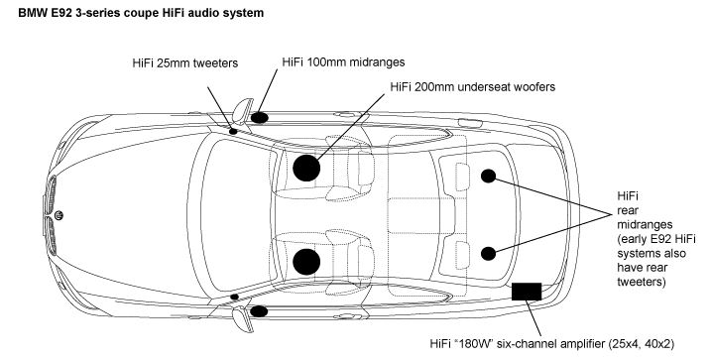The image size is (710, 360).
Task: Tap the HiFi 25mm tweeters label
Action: (184, 62)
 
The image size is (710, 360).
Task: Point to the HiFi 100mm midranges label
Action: (343, 62)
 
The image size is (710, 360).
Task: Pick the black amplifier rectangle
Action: (527, 292)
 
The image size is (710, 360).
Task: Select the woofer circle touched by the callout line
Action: (306, 168)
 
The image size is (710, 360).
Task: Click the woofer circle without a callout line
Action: (306, 262)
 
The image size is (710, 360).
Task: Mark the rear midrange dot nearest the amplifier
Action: (488, 254)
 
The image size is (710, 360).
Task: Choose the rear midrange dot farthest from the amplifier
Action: (488, 177)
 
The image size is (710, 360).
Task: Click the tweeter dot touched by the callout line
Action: (233, 131)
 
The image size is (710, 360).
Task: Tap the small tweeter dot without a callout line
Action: (235, 298)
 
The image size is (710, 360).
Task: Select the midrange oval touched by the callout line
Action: (260, 118)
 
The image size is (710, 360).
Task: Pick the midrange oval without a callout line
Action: (259, 311)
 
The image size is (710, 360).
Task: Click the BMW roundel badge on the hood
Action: (59, 215)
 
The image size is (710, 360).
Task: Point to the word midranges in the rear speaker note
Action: (645, 224)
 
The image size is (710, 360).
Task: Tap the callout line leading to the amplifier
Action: (533, 318)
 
